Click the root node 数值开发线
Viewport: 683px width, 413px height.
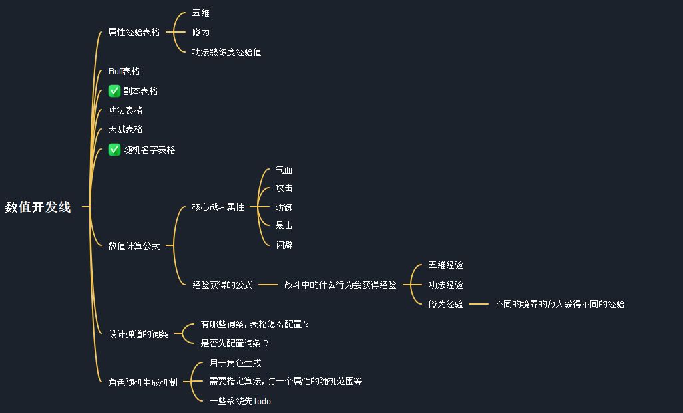point(38,207)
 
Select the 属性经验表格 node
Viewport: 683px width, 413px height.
point(134,32)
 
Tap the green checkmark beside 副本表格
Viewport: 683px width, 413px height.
point(114,91)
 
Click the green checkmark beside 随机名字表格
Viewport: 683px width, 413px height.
point(114,150)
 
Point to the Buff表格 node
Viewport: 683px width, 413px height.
point(124,71)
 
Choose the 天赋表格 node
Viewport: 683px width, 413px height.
point(125,129)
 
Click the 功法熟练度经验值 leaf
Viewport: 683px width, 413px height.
point(226,52)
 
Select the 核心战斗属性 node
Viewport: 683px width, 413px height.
point(218,207)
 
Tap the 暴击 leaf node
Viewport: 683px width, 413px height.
point(284,225)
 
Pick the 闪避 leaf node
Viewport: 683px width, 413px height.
point(284,245)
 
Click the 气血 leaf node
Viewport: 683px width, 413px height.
point(284,170)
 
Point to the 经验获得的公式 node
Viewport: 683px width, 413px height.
point(222,285)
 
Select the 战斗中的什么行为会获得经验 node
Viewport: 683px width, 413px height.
point(340,285)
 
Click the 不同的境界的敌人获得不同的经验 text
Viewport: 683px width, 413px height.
point(560,304)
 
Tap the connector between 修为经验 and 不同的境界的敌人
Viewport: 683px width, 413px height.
point(479,304)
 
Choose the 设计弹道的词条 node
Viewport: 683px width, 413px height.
point(138,334)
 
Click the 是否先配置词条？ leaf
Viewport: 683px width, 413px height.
point(234,343)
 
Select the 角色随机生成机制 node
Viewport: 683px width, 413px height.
point(143,382)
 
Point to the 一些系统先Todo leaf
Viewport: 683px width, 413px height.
point(240,401)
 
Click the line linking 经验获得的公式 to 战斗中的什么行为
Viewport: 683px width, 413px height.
point(268,285)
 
